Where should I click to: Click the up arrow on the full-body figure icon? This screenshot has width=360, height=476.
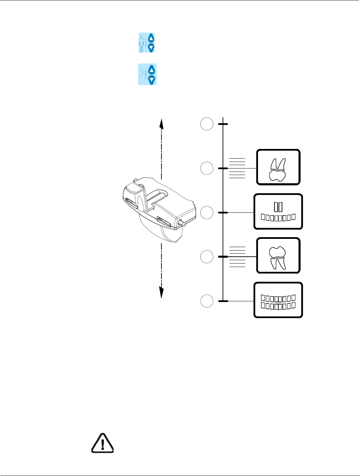(x=151, y=38)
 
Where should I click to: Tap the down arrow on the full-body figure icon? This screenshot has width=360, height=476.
(x=151, y=48)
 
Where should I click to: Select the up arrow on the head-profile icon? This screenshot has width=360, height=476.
(x=152, y=70)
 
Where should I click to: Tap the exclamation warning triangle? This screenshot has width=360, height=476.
(x=102, y=443)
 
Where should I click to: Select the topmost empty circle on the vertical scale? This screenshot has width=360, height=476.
(x=207, y=124)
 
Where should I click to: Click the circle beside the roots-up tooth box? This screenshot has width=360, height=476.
(x=207, y=169)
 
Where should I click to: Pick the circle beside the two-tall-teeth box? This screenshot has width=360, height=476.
(x=207, y=213)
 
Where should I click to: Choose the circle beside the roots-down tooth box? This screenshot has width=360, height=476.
(x=207, y=257)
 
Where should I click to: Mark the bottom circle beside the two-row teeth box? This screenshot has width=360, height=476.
(x=207, y=301)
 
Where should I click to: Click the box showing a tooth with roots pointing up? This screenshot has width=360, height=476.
(x=278, y=167)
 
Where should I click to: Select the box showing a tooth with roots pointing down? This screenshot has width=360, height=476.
(x=278, y=256)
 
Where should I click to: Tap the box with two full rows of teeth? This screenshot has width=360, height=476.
(x=278, y=300)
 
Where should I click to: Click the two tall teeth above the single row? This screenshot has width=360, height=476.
(x=278, y=207)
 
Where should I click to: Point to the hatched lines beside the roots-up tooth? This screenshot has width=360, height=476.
(x=237, y=169)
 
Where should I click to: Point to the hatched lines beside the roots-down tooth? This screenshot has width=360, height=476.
(x=237, y=257)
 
